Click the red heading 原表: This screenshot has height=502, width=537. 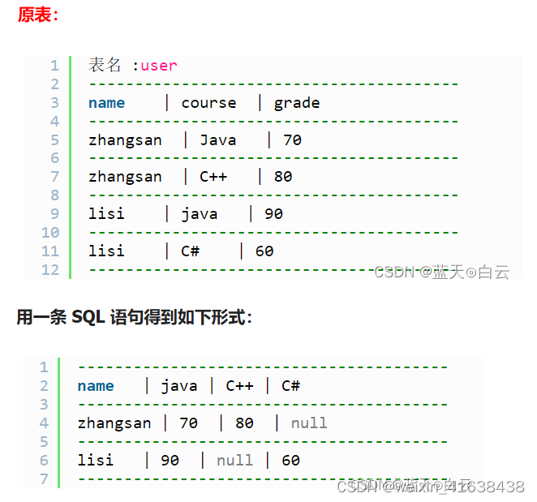tap(37, 15)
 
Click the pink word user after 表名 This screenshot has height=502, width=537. tap(158, 66)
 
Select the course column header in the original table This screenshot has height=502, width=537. tap(208, 103)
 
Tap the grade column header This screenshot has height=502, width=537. tap(297, 103)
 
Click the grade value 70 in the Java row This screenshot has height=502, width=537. tap(292, 140)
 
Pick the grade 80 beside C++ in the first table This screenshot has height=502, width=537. tap(283, 177)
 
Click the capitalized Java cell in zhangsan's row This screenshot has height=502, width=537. tap(218, 140)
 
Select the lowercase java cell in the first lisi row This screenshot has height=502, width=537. tap(200, 214)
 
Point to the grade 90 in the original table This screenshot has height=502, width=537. tap(273, 214)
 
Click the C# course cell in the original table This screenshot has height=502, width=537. tap(191, 251)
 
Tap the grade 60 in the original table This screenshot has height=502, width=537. tap(264, 251)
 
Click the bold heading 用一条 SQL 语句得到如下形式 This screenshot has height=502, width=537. tap(134, 318)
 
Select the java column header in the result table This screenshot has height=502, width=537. tap(179, 386)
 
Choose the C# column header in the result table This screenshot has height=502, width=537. tap(290, 386)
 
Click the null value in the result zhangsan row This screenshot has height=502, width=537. tap(309, 423)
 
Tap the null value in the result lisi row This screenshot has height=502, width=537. tap(234, 461)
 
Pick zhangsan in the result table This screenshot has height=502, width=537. tap(114, 423)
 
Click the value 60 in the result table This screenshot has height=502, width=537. tap(290, 461)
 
